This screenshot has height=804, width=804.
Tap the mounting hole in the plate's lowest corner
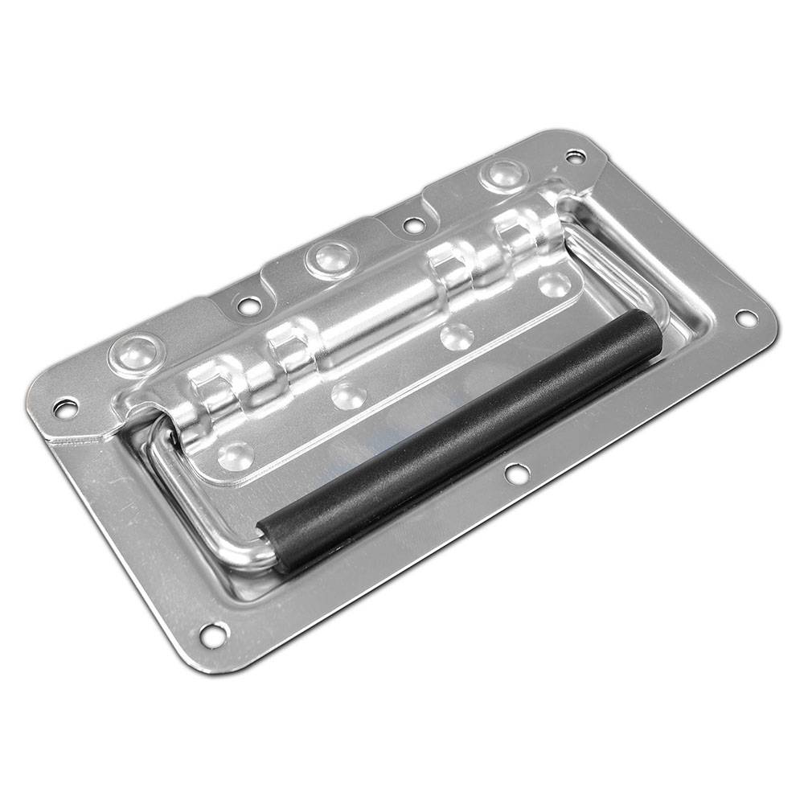(211, 635)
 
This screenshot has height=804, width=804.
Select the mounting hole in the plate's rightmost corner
(746, 318)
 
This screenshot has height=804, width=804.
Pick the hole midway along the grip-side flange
(515, 473)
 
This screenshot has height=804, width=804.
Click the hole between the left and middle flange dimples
(249, 306)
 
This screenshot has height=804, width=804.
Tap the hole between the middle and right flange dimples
(412, 225)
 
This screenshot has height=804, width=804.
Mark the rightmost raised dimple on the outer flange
(504, 174)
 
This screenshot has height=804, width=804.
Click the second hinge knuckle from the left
(289, 346)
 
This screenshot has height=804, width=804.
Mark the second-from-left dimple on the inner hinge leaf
(349, 395)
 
